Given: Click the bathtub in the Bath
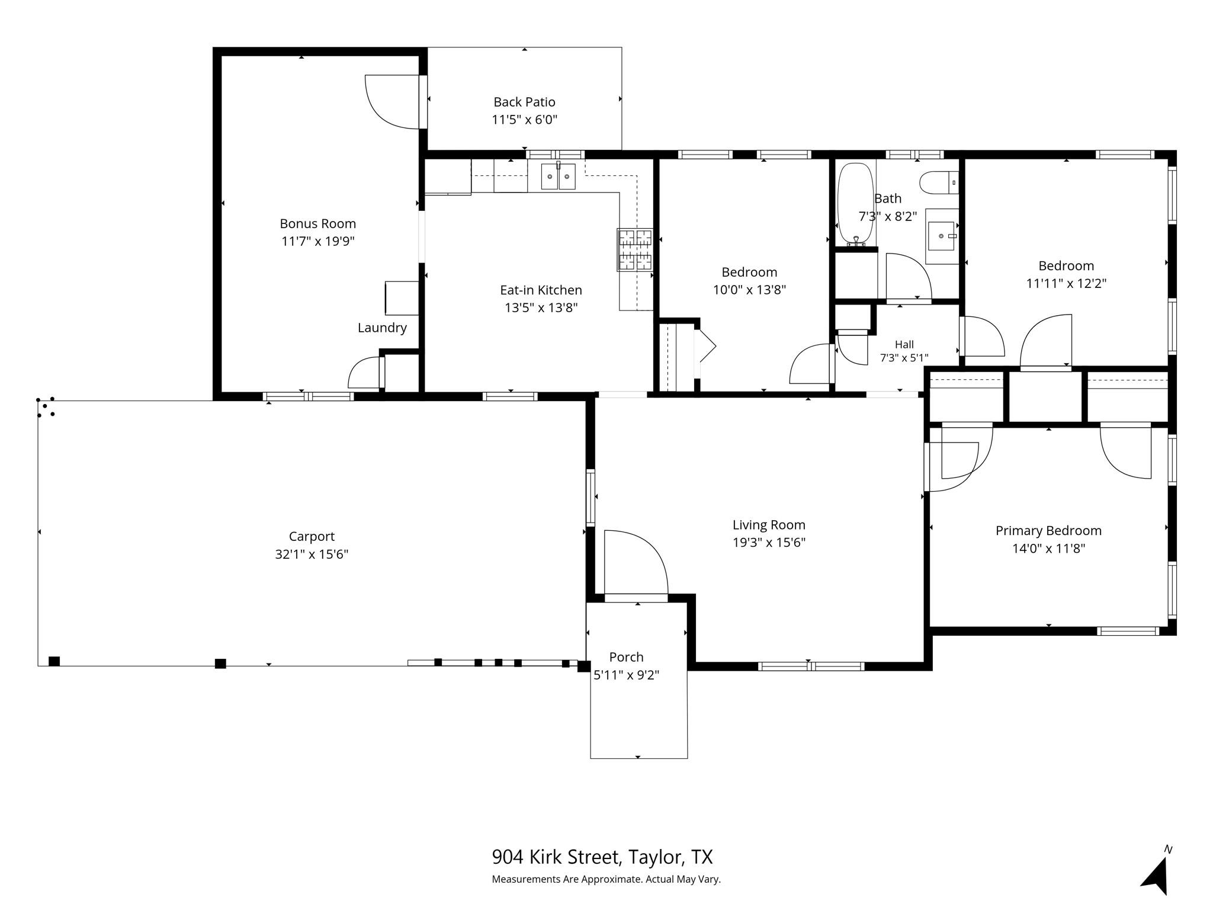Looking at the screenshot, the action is coord(855,203).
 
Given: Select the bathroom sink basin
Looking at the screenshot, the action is coord(941,236).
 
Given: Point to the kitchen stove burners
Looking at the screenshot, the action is coord(635,249).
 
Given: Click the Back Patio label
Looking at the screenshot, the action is coord(524,102).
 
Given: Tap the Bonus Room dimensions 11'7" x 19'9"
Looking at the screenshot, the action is coord(318,241).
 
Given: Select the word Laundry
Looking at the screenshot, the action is coord(382,328).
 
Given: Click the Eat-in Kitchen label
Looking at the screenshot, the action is coord(541,290).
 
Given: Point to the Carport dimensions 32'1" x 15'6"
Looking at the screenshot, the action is coord(312,554).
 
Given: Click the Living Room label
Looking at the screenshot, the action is coord(769,525).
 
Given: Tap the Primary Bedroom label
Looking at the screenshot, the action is coord(1048,531).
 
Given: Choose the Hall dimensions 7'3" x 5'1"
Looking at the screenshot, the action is coord(904,358).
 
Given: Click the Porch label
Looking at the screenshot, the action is coord(626,657).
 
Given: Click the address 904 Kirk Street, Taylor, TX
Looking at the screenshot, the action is coord(602,857).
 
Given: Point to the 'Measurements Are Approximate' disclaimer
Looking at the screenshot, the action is coord(606,879).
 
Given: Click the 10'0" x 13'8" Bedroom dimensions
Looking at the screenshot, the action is coord(749,290).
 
